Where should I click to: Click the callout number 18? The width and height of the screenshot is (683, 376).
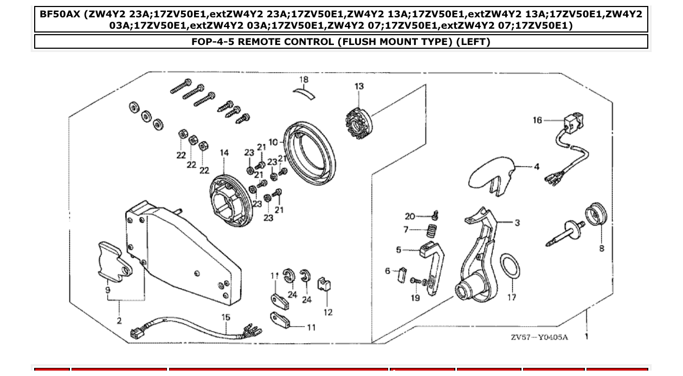pyautogui.click(x=304, y=80)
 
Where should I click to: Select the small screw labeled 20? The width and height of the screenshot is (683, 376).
pyautogui.click(x=434, y=216)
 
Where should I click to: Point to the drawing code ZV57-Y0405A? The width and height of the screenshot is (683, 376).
pyautogui.click(x=539, y=338)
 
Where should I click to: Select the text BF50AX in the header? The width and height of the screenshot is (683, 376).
pyautogui.click(x=57, y=14)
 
